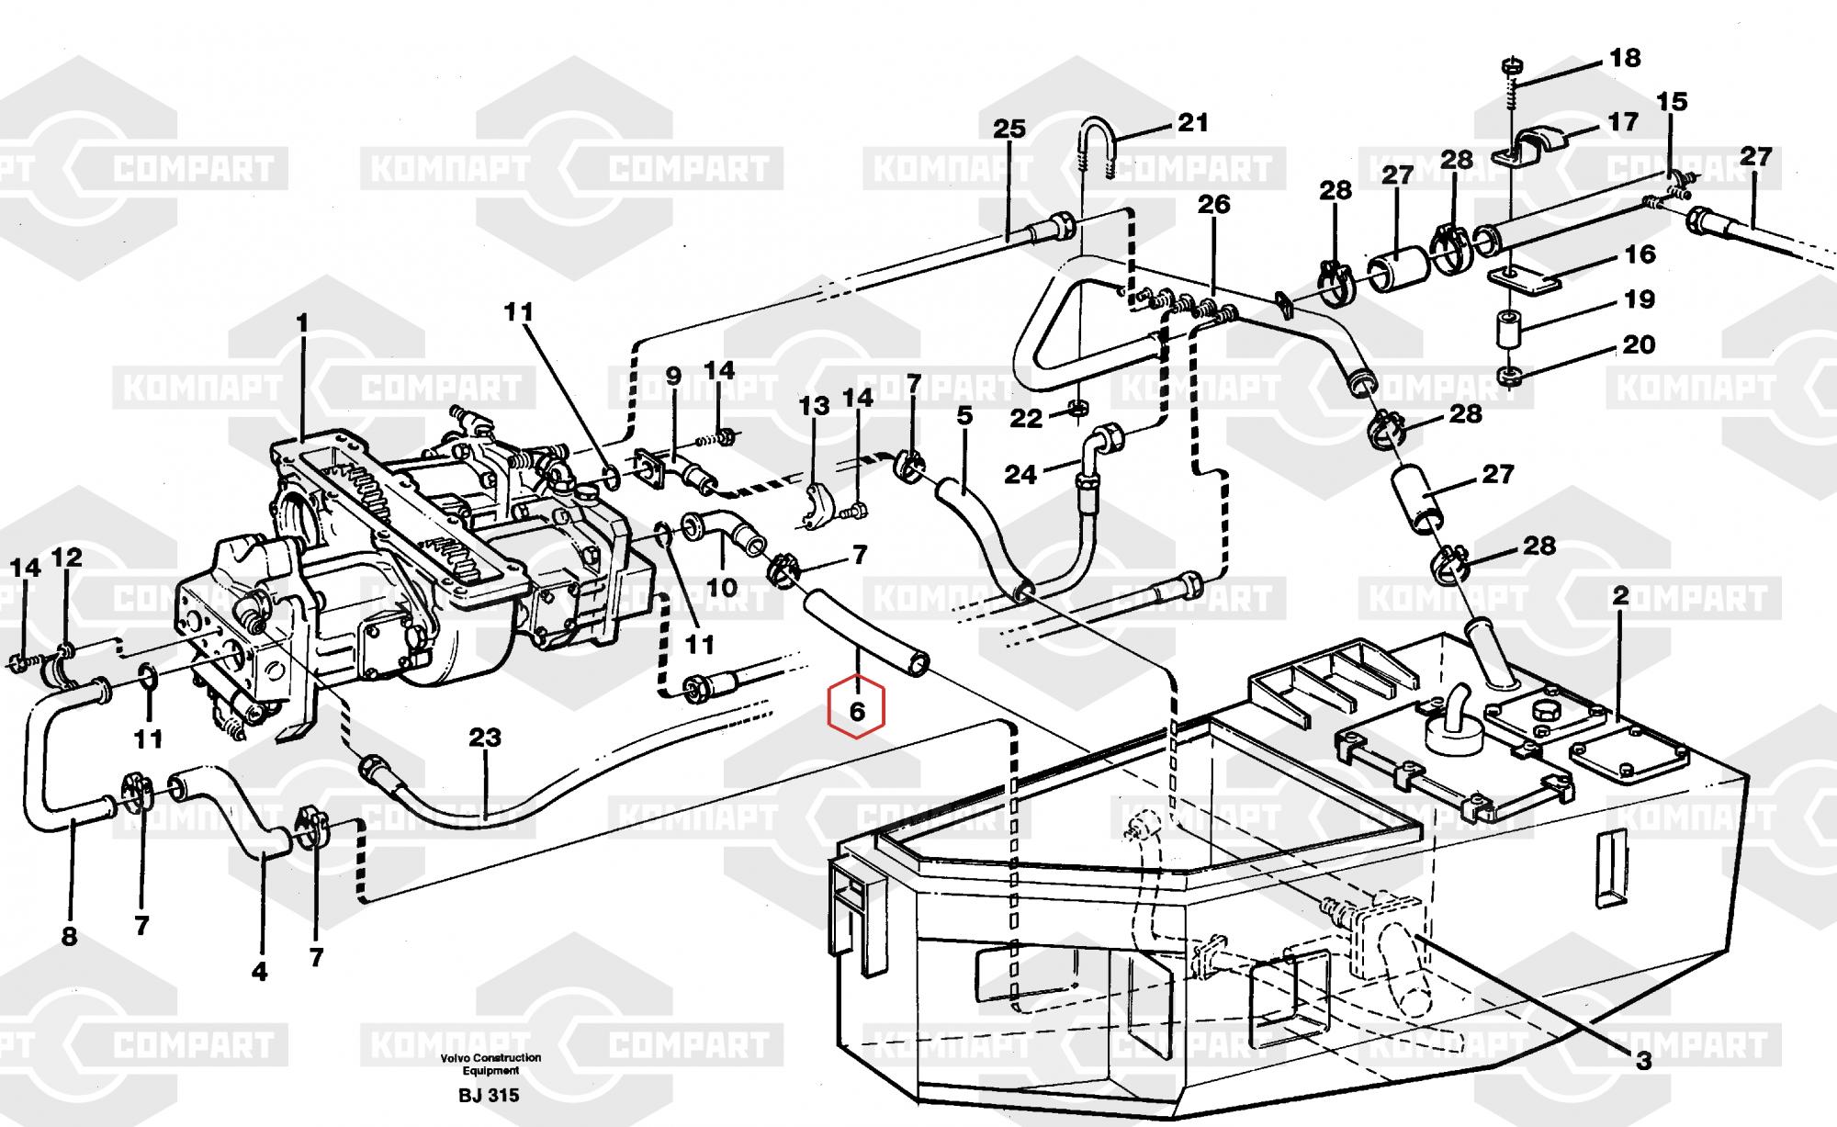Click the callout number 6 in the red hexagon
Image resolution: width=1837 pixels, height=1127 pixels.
(857, 710)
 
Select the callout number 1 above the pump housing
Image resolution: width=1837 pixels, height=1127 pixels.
(301, 324)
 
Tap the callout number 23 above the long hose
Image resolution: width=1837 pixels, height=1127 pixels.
(485, 737)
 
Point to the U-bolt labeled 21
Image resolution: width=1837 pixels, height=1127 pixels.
(1097, 147)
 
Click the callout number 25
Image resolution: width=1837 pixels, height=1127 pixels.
(1009, 128)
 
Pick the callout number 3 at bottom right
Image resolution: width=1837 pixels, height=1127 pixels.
(1643, 1061)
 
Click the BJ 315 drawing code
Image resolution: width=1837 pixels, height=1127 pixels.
(489, 1096)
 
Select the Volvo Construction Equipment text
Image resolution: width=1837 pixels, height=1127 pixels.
(490, 1064)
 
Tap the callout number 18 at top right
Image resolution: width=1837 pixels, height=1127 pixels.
(1625, 58)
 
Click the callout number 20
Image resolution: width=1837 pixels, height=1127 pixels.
(1639, 344)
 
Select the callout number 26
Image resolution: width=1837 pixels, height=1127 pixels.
(1213, 204)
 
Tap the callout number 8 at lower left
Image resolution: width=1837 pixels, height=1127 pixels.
(69, 937)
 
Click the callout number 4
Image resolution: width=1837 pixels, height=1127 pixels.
(260, 971)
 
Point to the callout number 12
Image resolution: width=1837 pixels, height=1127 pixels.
(66, 557)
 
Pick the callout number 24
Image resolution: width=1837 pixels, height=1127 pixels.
(1020, 474)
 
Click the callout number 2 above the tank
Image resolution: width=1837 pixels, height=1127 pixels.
(1619, 595)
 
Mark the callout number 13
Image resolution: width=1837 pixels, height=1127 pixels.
(814, 405)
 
